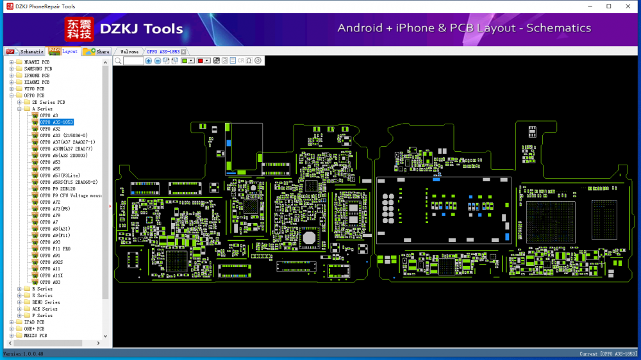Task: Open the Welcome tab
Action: pyautogui.click(x=129, y=51)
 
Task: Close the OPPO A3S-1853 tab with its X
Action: pyautogui.click(x=183, y=51)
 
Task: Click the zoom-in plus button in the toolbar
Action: pyautogui.click(x=149, y=60)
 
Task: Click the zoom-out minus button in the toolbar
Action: pyautogui.click(x=158, y=60)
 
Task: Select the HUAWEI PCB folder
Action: pyautogui.click(x=37, y=62)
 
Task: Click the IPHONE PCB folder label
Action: pyautogui.click(x=37, y=76)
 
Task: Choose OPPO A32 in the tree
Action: pyautogui.click(x=50, y=129)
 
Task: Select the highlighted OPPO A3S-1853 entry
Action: pyautogui.click(x=56, y=122)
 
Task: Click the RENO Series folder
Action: pyautogui.click(x=46, y=302)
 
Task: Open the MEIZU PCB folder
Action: pyautogui.click(x=35, y=335)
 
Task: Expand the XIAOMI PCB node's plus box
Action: pyautogui.click(x=12, y=82)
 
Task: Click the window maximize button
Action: pyautogui.click(x=608, y=6)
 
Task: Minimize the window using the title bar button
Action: pyautogui.click(x=590, y=6)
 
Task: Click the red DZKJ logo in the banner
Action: pyautogui.click(x=79, y=29)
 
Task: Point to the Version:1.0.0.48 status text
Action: pyautogui.click(x=24, y=354)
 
